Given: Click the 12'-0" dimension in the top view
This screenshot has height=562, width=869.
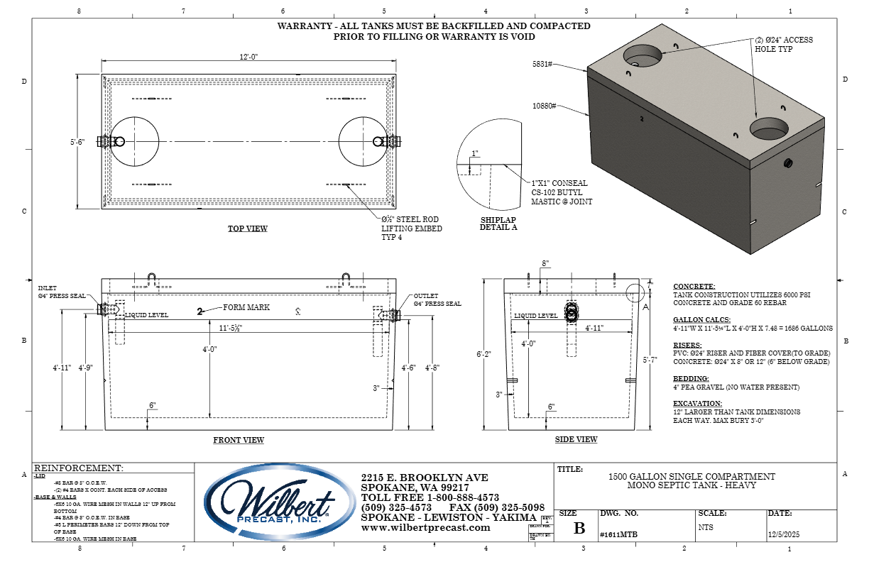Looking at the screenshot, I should [247, 57].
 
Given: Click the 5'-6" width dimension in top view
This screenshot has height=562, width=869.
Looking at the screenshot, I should [77, 142].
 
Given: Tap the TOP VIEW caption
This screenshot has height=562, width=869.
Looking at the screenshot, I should [247, 228].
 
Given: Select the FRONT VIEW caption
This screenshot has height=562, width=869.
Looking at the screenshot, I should [239, 440].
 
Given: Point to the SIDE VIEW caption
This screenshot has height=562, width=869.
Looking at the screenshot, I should [576, 439].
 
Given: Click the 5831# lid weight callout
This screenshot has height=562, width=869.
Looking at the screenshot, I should [543, 64].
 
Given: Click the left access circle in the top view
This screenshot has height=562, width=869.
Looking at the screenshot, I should [134, 142].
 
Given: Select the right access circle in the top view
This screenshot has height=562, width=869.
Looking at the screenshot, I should [364, 142].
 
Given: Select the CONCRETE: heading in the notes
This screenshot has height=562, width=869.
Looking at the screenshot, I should [694, 286].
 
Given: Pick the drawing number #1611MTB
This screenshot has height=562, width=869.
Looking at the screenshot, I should [614, 536].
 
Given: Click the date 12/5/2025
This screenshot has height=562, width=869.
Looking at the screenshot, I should [784, 536].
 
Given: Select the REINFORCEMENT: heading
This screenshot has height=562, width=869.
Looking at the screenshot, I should [79, 468].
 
